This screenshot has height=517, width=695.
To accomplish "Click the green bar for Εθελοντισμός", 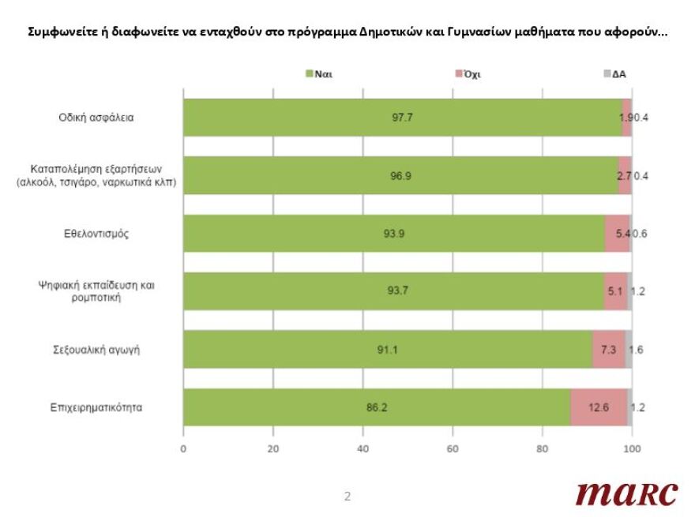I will [x=393, y=234].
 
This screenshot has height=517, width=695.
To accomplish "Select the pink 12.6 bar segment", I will [x=599, y=408].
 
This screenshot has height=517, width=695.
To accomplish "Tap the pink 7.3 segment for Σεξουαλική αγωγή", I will [x=608, y=350].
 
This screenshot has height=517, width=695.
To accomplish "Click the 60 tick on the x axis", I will [x=453, y=449].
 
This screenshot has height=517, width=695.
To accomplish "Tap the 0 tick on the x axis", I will [x=183, y=449].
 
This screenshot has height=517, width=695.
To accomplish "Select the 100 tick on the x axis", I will [x=631, y=449].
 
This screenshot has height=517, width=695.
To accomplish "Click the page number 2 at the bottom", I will [x=347, y=496].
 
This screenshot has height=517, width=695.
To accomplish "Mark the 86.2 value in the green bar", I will [x=377, y=408].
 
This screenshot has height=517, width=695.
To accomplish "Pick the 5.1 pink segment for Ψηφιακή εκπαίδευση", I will [x=615, y=291].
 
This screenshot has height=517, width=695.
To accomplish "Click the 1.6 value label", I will [x=636, y=350].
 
